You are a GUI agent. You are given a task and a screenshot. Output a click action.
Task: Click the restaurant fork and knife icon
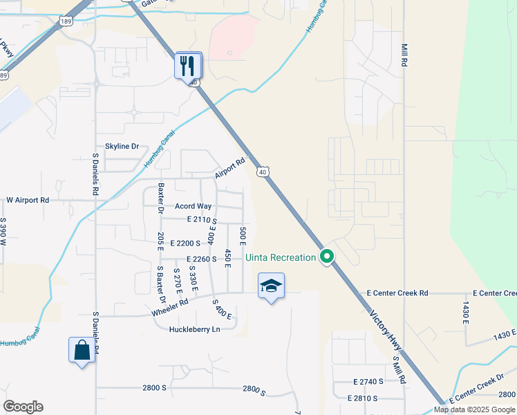(188, 66)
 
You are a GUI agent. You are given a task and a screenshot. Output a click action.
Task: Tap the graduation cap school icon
(271, 286)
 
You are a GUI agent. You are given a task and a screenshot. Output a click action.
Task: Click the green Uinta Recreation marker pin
(328, 257)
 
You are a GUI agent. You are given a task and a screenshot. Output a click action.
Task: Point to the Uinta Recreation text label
(281, 258)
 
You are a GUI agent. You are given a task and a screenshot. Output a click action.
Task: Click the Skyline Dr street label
(122, 147)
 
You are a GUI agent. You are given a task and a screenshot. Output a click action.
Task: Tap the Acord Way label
(193, 206)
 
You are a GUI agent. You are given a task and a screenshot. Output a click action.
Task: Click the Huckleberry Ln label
(194, 329)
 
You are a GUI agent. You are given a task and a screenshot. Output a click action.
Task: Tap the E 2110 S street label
(202, 219)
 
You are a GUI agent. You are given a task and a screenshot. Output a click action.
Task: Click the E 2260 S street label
(202, 259)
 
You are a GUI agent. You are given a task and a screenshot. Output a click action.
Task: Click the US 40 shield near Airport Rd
(262, 171)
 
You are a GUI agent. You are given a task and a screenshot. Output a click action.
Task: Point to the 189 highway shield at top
(66, 21)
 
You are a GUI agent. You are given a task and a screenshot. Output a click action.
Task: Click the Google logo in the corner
(23, 407)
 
